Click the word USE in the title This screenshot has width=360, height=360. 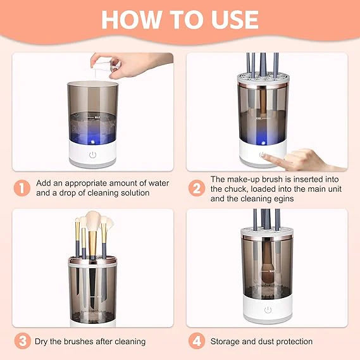(x=233, y=18)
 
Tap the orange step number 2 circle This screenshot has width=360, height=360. (x=196, y=188)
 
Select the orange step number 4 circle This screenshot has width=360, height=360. (x=196, y=341)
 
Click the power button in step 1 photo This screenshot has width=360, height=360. (x=92, y=154)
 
